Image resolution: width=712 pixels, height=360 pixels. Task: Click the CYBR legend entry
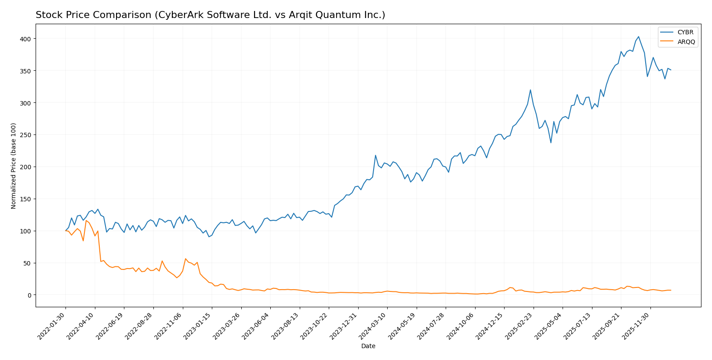click(685, 33)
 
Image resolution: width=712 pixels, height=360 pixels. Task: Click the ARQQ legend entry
click(686, 42)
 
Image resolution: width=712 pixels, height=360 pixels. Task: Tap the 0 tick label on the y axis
click(30, 295)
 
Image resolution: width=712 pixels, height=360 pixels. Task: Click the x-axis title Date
click(368, 346)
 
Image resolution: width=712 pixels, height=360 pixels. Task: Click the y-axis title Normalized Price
click(14, 166)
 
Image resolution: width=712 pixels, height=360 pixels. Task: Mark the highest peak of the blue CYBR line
click(639, 37)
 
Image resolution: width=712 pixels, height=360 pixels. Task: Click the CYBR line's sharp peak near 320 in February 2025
click(530, 90)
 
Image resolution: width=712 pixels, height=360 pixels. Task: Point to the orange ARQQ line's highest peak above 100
click(86, 221)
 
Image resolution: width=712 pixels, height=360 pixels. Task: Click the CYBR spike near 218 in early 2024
click(375, 155)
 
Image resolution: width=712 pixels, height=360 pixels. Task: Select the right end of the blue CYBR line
click(671, 70)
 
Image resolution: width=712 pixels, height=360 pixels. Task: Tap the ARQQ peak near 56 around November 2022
click(185, 259)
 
